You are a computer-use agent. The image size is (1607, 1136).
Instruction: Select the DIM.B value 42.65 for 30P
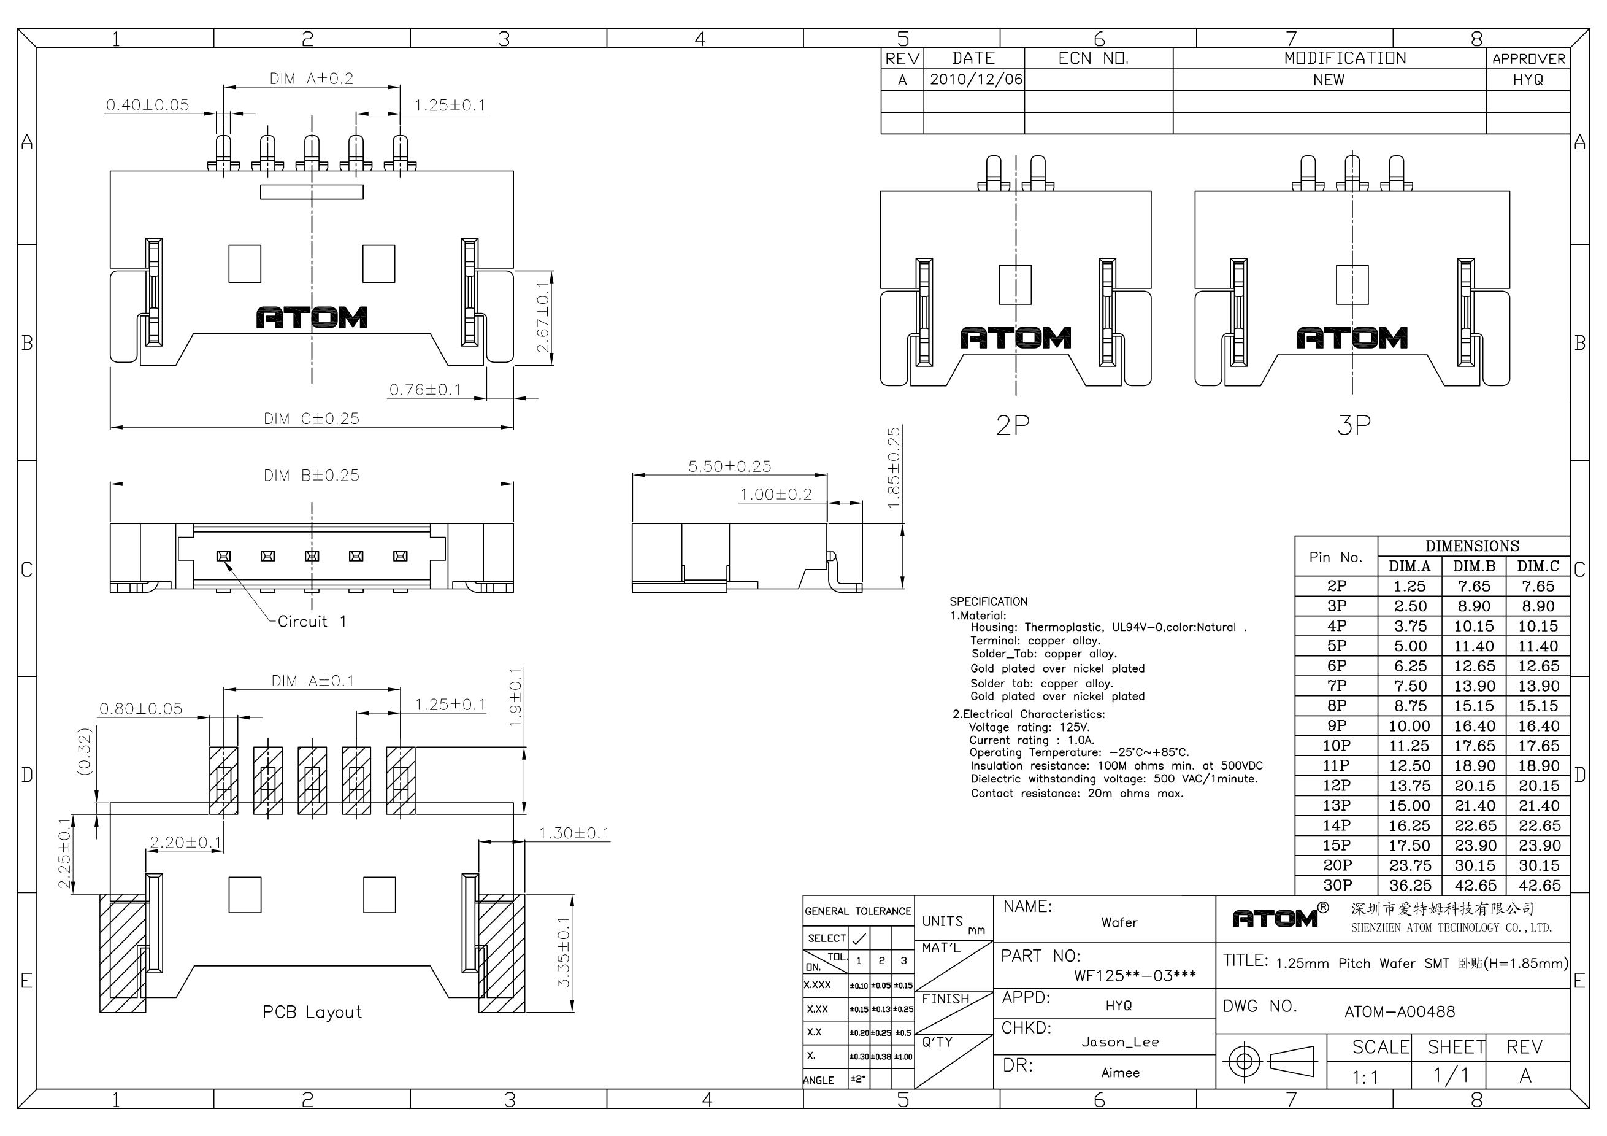(x=1475, y=885)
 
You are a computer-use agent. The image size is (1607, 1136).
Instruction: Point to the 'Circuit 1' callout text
(x=312, y=621)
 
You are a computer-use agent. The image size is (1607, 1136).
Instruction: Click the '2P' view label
(x=1013, y=425)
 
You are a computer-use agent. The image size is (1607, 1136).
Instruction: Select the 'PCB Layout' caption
(x=312, y=1012)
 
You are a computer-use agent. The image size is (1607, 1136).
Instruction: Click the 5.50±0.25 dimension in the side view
(x=729, y=466)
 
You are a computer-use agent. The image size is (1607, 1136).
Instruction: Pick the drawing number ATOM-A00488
(x=1400, y=1011)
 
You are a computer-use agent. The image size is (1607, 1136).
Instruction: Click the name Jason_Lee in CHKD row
(x=1120, y=1042)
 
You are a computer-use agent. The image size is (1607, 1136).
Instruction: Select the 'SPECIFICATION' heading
(x=988, y=601)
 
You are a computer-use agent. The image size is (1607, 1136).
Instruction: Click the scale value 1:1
(x=1365, y=1077)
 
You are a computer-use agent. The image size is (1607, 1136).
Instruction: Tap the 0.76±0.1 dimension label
(x=425, y=389)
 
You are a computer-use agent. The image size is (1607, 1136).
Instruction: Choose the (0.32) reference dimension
(x=85, y=751)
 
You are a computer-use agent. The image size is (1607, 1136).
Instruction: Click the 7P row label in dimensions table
(x=1336, y=686)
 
